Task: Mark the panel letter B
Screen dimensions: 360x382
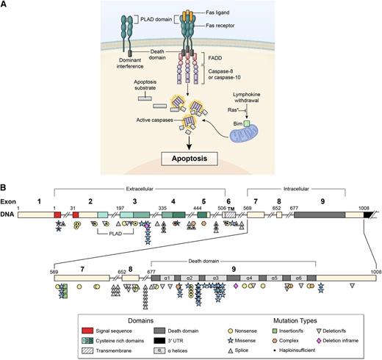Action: click(6, 179)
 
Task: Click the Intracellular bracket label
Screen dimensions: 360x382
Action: click(294, 188)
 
